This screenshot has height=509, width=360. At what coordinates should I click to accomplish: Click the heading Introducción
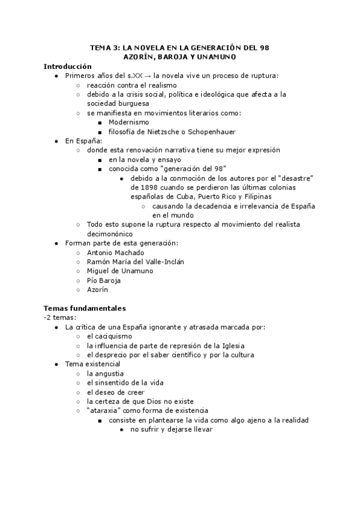pyautogui.click(x=68, y=66)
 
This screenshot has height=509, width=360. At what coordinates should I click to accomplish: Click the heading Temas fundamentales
pyautogui.click(x=85, y=308)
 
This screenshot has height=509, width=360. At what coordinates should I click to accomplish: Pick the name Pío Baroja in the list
pyautogui.click(x=104, y=280)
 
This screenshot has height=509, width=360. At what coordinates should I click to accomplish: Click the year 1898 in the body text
pyautogui.click(x=141, y=187)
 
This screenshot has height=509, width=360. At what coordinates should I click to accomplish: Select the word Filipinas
pyautogui.click(x=256, y=196)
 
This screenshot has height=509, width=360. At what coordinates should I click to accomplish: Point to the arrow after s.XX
pyautogui.click(x=148, y=76)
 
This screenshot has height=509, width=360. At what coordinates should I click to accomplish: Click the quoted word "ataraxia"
pyautogui.click(x=106, y=411)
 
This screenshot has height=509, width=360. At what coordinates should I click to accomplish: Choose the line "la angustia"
pyautogui.click(x=105, y=373)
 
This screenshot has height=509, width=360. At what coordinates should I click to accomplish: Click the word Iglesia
pyautogui.click(x=232, y=345)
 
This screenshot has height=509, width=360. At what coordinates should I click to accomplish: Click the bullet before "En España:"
pyautogui.click(x=56, y=141)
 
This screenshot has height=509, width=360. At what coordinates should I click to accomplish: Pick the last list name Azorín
pyautogui.click(x=98, y=289)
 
